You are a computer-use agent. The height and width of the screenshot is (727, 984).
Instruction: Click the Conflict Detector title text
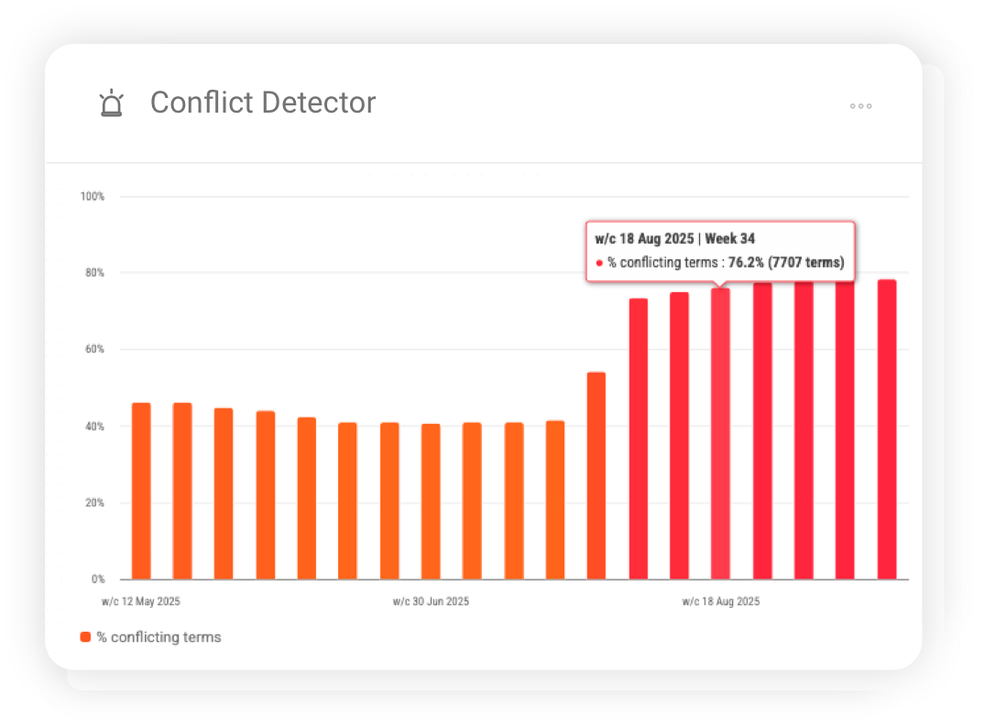(x=263, y=103)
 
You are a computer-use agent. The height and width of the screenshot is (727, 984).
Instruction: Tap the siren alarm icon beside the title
(x=111, y=103)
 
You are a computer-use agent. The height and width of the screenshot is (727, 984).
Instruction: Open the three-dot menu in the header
(x=860, y=106)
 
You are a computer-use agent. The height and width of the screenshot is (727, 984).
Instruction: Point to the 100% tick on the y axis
(x=93, y=197)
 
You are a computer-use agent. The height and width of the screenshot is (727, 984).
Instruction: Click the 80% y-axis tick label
(x=94, y=273)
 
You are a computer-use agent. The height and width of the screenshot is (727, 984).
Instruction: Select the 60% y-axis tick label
(x=94, y=350)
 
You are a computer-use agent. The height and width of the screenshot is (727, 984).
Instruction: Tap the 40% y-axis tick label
(x=94, y=427)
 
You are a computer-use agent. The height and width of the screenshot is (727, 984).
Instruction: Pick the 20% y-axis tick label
(x=94, y=503)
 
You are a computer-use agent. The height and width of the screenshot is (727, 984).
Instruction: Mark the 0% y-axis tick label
(x=97, y=580)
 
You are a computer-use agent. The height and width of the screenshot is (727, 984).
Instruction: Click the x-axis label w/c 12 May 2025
(x=141, y=602)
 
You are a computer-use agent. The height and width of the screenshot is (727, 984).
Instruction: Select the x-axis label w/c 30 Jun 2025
(x=431, y=602)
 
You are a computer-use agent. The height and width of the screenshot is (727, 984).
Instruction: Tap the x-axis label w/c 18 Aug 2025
(x=720, y=602)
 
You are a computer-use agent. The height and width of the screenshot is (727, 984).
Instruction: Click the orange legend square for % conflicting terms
(x=85, y=636)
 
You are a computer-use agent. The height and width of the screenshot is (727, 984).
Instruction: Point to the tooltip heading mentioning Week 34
(x=675, y=240)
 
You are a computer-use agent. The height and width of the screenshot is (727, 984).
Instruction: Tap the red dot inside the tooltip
(x=600, y=264)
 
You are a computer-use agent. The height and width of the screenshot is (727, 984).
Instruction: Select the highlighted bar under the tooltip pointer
(x=721, y=434)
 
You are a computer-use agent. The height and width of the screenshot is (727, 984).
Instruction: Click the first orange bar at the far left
(x=141, y=491)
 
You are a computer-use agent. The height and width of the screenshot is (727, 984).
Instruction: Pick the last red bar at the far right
(x=887, y=429)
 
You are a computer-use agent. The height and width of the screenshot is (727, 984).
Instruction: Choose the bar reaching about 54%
(x=596, y=475)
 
